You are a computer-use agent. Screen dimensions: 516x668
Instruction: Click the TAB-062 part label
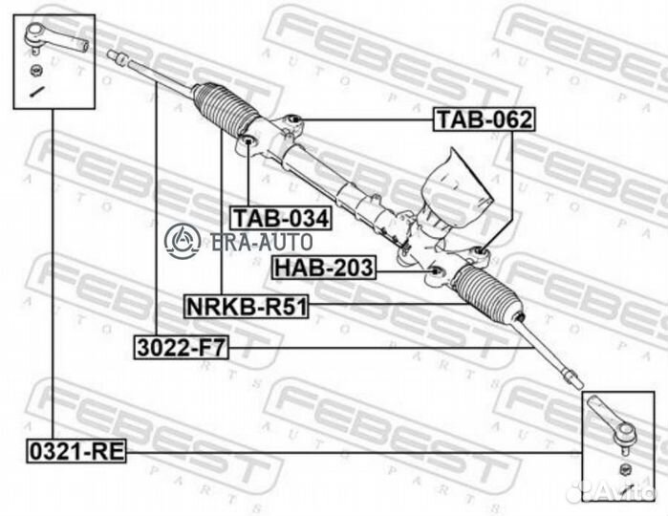pyautogui.click(x=484, y=120)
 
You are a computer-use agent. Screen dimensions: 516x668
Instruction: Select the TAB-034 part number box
pyautogui.click(x=280, y=219)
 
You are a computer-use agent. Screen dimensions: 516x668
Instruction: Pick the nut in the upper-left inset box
pyautogui.click(x=34, y=73)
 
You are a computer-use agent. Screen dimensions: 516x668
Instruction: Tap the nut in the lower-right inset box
pyautogui.click(x=626, y=467)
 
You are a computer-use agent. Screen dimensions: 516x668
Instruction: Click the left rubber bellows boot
pyautogui.click(x=226, y=114)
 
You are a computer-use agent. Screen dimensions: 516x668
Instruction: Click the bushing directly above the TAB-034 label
pyautogui.click(x=247, y=144)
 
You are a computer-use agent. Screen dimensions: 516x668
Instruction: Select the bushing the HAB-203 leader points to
pyautogui.click(x=436, y=274)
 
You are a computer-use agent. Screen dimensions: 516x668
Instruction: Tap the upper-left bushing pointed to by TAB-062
pyautogui.click(x=293, y=120)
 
